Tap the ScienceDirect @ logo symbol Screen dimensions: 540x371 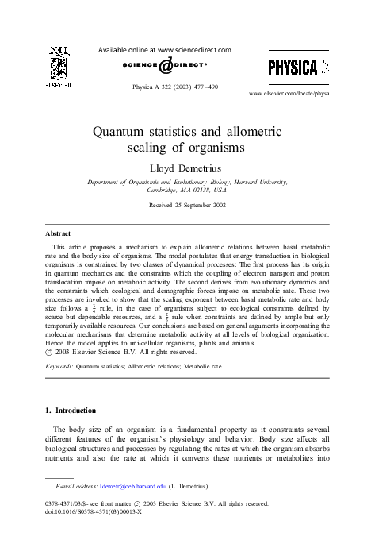[x=165, y=66]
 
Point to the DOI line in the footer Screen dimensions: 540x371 [x=94, y=511]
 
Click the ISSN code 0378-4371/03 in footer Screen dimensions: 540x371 [x=72, y=503]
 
